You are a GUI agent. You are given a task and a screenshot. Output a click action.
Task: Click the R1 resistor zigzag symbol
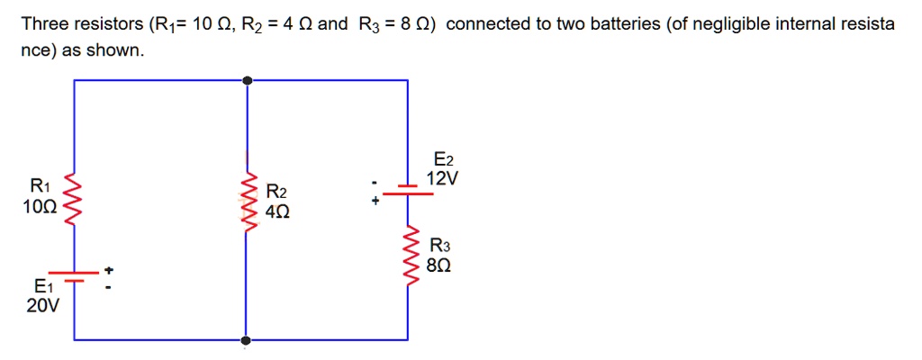click(74, 204)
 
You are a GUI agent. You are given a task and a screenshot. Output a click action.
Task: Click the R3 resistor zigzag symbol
click(409, 256)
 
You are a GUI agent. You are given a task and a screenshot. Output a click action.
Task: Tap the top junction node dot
click(247, 80)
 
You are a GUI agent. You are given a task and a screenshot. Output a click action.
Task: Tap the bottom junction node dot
click(247, 340)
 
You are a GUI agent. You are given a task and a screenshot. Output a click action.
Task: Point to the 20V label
click(42, 306)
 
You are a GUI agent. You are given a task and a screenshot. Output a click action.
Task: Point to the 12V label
click(442, 178)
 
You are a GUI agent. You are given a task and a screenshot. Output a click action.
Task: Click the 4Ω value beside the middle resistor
click(278, 211)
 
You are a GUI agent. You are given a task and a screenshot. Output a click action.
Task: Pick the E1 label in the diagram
click(42, 287)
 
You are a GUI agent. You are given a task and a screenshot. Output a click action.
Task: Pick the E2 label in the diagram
click(442, 160)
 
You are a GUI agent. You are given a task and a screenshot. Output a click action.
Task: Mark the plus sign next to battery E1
click(109, 270)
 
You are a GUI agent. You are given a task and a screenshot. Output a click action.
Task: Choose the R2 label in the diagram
click(276, 193)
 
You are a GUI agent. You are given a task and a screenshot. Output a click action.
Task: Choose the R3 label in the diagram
click(440, 246)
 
